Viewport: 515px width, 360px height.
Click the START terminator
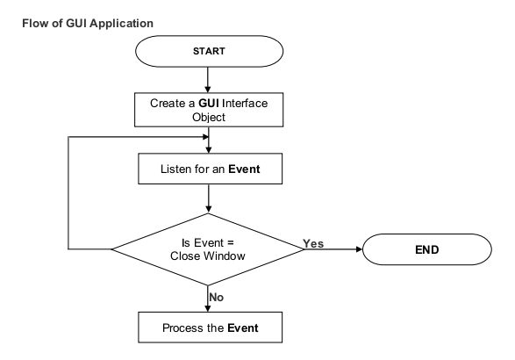pos(208,50)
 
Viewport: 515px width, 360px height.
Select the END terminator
pos(428,250)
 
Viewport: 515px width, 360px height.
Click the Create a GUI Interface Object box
pos(208,109)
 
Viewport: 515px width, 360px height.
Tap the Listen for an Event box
pos(208,168)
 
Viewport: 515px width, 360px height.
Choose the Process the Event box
pos(208,329)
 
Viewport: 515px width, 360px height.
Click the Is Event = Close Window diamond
pos(208,250)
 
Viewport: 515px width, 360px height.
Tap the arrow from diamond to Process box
pos(208,299)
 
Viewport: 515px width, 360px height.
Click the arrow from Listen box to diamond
pos(208,199)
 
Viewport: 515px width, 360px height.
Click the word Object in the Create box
pos(208,116)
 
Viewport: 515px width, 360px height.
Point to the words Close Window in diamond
pos(208,257)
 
